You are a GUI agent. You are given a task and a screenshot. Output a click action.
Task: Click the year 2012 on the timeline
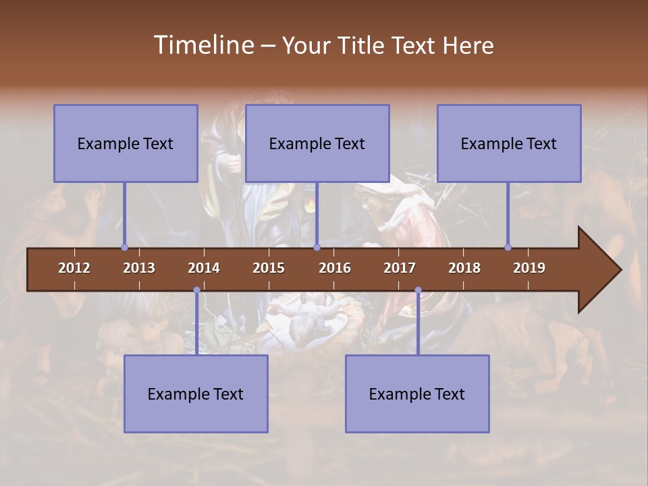click(74, 268)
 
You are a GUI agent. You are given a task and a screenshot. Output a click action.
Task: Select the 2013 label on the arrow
click(139, 268)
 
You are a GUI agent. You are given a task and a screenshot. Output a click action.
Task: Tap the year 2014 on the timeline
click(204, 268)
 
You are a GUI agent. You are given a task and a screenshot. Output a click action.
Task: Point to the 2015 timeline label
click(269, 268)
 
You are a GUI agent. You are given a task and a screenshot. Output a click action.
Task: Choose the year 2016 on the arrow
click(335, 268)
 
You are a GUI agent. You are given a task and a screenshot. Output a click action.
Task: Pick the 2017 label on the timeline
click(400, 268)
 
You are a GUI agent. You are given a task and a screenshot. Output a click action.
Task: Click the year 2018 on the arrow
click(464, 268)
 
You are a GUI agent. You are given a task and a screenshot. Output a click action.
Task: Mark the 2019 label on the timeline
click(529, 268)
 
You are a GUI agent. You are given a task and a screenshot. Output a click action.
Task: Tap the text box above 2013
click(126, 143)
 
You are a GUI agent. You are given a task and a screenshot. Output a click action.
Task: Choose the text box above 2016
click(317, 143)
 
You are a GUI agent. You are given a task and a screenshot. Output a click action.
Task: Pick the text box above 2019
click(509, 143)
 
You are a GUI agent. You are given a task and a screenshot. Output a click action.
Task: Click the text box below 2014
click(196, 394)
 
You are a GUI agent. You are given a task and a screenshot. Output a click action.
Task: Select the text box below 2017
click(417, 394)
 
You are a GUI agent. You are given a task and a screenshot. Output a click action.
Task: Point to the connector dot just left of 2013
click(124, 248)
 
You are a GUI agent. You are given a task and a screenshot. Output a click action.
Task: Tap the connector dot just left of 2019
click(508, 248)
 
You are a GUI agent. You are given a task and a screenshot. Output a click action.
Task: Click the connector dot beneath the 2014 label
click(196, 290)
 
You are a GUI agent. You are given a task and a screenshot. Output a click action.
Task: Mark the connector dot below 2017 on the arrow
click(418, 290)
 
